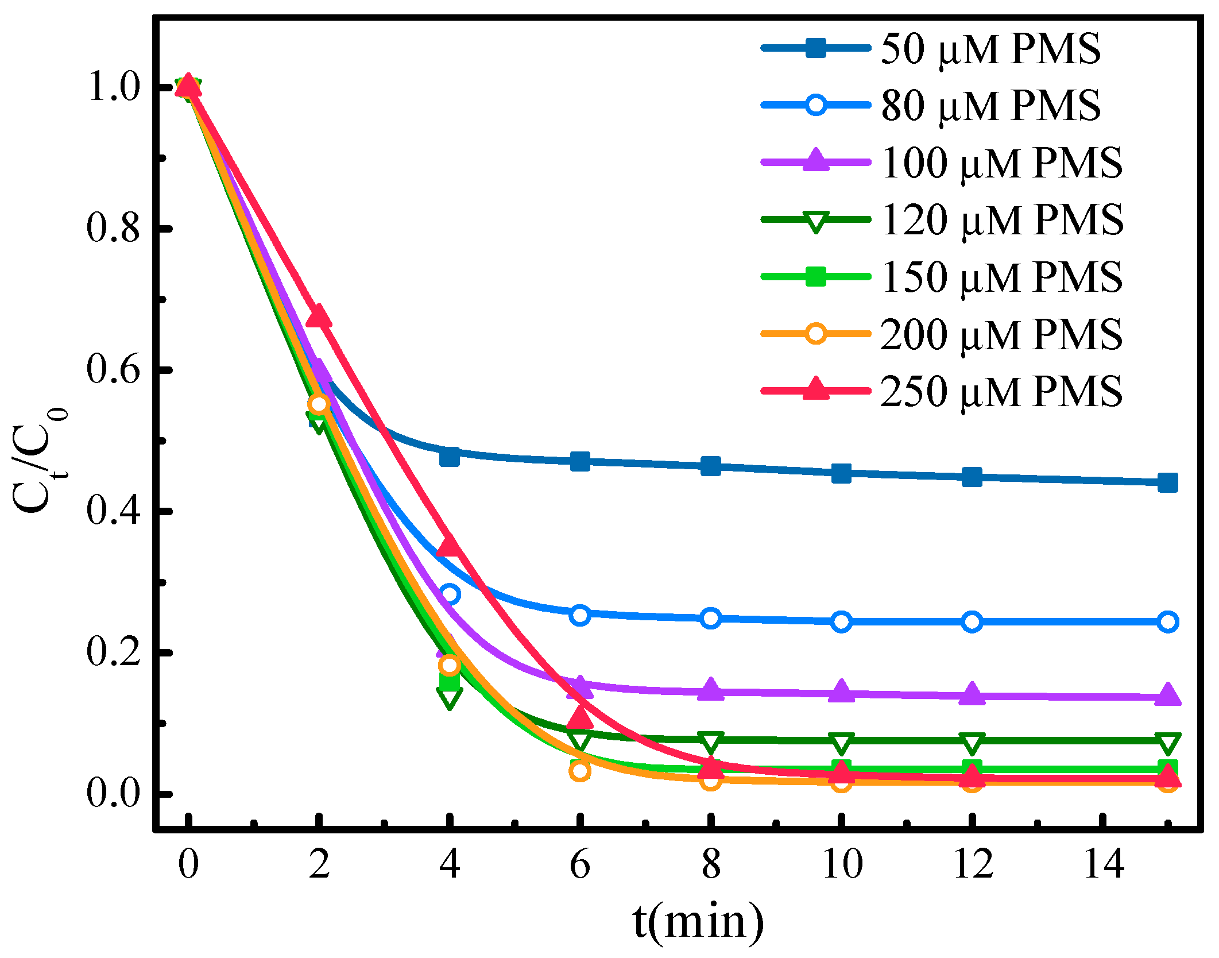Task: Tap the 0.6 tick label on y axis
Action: coord(113,369)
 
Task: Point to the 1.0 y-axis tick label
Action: coord(113,87)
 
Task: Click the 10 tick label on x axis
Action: coord(842,863)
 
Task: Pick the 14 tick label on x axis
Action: coord(1103,863)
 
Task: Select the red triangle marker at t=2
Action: coord(319,317)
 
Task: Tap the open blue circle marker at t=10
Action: coord(841,621)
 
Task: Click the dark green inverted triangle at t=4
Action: coord(449,697)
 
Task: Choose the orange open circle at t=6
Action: coord(580,771)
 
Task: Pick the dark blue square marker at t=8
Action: coord(711,466)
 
